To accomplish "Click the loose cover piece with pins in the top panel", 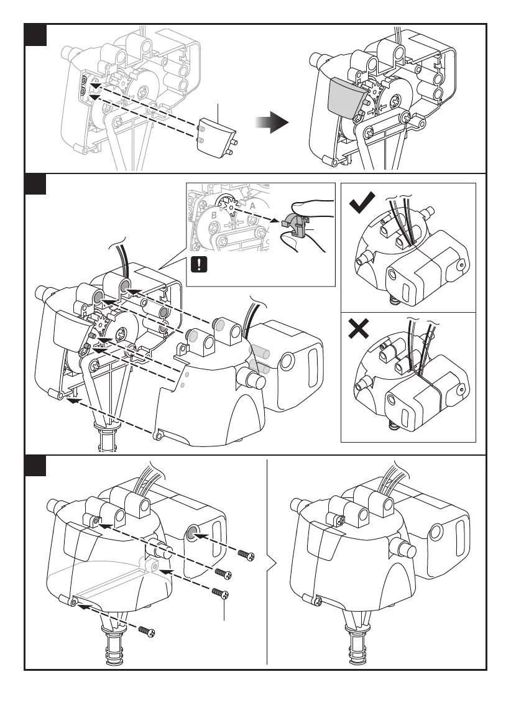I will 215,136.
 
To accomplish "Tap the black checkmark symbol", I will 362,203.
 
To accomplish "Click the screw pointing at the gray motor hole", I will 246,555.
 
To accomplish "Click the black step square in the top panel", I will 35,35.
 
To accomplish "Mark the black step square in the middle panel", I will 35,184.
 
